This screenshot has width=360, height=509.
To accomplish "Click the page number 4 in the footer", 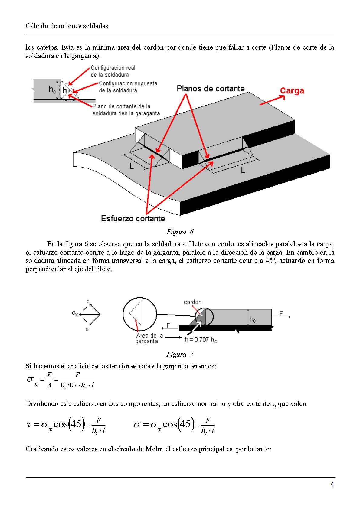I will [x=332, y=484].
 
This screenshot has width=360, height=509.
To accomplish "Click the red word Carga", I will [x=292, y=91].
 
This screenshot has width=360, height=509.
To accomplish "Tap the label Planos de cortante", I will [x=211, y=89].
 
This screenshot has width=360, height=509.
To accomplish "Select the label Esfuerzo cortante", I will [x=133, y=218].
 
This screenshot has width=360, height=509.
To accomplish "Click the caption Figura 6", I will [x=180, y=232].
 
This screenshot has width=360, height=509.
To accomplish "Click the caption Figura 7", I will [x=180, y=354].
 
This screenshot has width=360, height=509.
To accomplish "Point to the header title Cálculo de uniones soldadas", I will [x=67, y=26].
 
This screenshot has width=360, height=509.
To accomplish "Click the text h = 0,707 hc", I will [x=201, y=340].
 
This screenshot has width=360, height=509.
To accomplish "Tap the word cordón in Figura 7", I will [x=192, y=302].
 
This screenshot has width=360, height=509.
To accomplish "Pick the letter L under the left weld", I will [x=132, y=166].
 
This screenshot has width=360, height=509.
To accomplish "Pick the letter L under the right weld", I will [x=243, y=171].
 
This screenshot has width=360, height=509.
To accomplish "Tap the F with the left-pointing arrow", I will [x=168, y=325].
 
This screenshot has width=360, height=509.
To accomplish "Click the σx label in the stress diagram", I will [x=74, y=313].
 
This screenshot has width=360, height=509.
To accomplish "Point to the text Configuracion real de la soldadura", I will [x=113, y=71].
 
